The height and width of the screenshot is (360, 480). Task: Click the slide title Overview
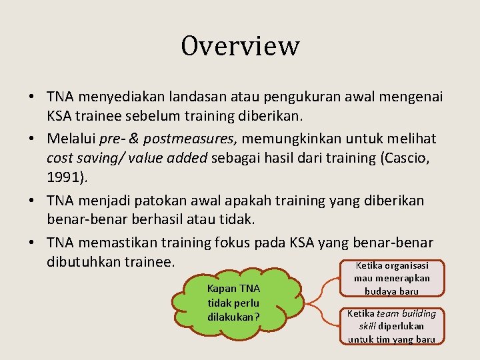point(240,47)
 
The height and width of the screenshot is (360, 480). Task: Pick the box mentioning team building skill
point(391,326)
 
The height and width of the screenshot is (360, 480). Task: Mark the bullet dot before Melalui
point(33,139)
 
